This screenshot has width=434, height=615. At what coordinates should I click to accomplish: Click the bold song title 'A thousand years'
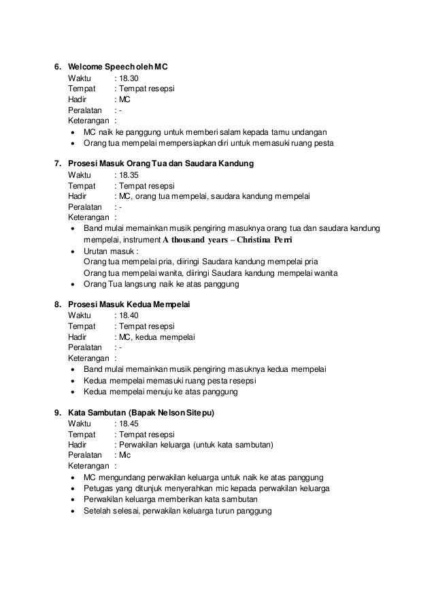[x=197, y=240]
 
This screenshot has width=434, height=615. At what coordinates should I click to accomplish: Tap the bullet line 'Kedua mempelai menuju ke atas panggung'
[x=160, y=392]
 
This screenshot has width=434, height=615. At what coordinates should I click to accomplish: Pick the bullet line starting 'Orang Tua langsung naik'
[x=161, y=284]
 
